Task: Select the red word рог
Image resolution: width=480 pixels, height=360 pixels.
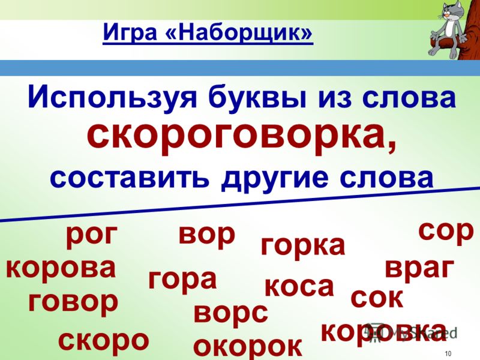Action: pyautogui.click(x=92, y=235)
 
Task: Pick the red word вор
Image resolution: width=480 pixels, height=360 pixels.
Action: pyautogui.click(x=207, y=235)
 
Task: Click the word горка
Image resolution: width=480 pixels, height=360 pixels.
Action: pyautogui.click(x=303, y=246)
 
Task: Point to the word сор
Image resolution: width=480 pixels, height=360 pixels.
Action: pyautogui.click(x=446, y=231)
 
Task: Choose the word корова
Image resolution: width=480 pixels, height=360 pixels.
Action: pyautogui.click(x=61, y=268)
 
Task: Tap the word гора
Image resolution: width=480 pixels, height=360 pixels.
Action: pyautogui.click(x=183, y=280)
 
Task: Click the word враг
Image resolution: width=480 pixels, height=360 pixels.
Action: pyautogui.click(x=419, y=268)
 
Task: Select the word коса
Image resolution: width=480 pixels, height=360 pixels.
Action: pyautogui.click(x=299, y=287)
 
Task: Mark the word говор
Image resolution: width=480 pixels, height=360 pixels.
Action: pyautogui.click(x=73, y=302)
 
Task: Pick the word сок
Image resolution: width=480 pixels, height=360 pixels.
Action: pyautogui.click(x=377, y=298)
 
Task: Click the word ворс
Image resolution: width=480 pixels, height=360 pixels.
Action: pyautogui.click(x=231, y=313)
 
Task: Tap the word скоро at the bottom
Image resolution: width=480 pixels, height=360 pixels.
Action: pyautogui.click(x=103, y=341)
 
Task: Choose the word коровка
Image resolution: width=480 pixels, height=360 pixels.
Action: pyautogui.click(x=384, y=332)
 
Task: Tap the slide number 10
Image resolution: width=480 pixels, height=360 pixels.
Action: pyautogui.click(x=448, y=353)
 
